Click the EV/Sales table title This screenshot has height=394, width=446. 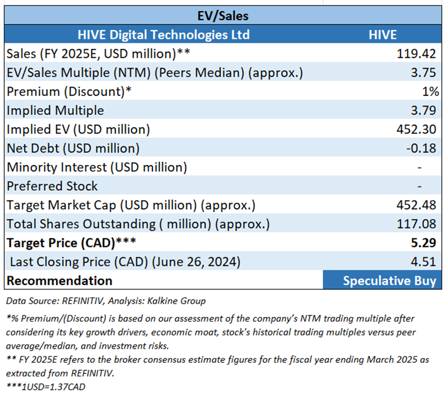222,16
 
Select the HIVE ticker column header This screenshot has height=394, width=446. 381,35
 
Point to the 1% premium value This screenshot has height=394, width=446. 430,91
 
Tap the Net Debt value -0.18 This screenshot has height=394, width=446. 421,148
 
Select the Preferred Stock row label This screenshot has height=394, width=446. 52,186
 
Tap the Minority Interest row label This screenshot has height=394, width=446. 96,167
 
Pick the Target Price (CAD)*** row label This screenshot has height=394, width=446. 66,243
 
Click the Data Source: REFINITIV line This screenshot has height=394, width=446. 106,300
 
